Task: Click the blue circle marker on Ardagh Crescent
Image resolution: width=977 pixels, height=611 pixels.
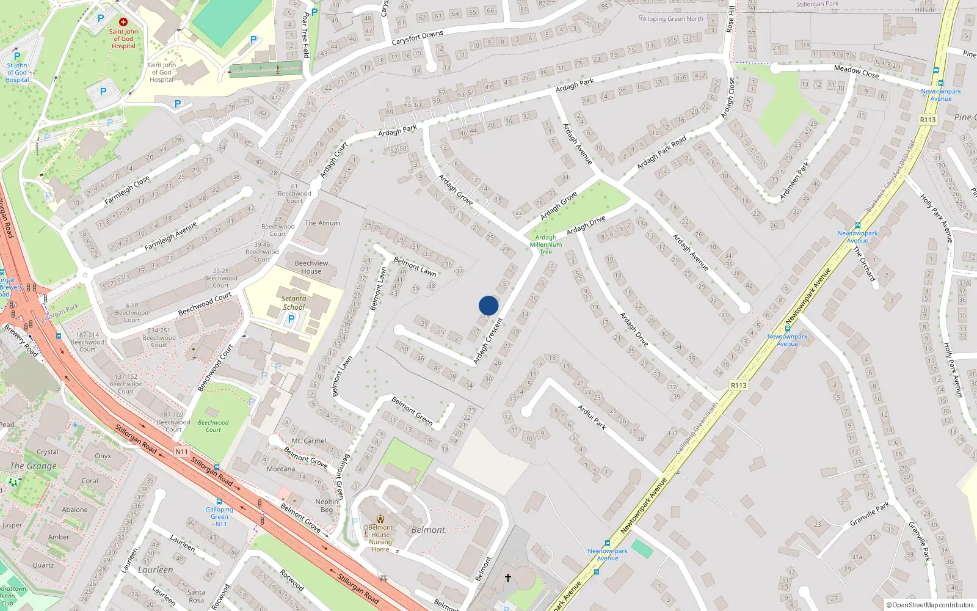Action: pos(488,305)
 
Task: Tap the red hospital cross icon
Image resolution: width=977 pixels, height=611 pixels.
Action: pos(123,22)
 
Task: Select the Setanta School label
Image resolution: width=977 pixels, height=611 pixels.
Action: pos(294,303)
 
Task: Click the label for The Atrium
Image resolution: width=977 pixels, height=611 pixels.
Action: pos(322,223)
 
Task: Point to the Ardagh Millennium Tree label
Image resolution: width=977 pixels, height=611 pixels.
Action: pos(545,244)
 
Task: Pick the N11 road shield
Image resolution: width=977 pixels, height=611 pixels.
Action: pos(181,452)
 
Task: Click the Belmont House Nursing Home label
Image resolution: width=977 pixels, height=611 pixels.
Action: pos(380,538)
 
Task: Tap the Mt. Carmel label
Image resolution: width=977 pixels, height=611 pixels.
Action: pos(309,441)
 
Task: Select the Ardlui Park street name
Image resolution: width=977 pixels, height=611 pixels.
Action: pos(592,417)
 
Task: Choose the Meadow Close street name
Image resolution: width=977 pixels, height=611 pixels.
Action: pos(856,71)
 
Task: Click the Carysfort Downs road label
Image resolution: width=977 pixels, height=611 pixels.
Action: pos(418,38)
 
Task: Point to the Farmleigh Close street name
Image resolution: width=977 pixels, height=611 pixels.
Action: pos(127,191)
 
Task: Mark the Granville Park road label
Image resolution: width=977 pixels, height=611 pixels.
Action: pos(870,514)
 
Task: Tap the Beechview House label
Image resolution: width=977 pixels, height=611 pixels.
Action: pos(311,267)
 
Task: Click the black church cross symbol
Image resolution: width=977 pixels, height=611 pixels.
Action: pos(507,577)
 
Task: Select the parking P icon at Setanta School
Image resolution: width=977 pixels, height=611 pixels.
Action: pos(291,318)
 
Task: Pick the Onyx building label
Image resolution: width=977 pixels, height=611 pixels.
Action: pos(103,456)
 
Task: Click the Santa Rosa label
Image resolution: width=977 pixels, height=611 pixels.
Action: pos(196,596)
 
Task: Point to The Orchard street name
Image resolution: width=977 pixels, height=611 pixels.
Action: pos(864,264)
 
